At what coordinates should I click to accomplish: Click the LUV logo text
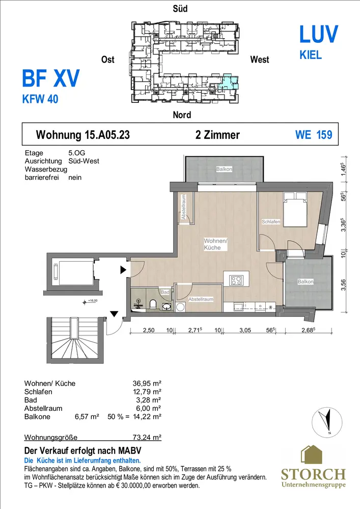[318, 34]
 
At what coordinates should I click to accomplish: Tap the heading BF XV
[50, 78]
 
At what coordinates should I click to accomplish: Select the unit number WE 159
[314, 135]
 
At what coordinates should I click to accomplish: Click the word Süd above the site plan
[180, 9]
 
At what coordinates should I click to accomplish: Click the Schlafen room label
[271, 222]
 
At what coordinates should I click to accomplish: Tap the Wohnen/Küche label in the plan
[215, 244]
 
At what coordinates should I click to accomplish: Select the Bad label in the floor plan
[165, 292]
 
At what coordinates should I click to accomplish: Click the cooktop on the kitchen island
[236, 280]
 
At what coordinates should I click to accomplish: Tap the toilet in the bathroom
[153, 304]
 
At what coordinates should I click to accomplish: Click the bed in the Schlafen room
[295, 209]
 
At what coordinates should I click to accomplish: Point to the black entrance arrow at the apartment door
[123, 269]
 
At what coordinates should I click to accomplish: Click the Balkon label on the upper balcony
[224, 169]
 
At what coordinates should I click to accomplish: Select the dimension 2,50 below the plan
[149, 330]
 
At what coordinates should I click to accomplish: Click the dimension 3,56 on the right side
[343, 285]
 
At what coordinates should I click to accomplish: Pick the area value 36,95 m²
[147, 383]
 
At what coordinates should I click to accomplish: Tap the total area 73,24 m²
[147, 437]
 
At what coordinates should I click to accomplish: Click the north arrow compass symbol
[327, 421]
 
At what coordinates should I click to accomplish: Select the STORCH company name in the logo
[313, 474]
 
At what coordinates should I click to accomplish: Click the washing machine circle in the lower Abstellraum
[180, 307]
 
